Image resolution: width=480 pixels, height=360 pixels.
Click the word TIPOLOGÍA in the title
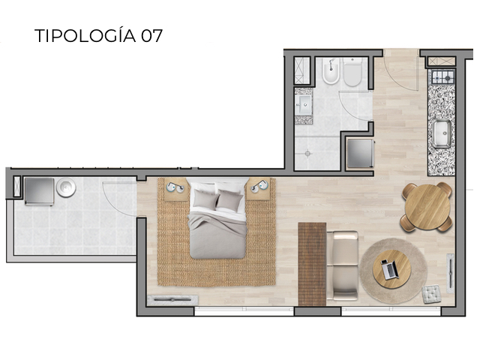(85, 35)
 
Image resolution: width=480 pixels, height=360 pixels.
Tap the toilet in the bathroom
(352, 72)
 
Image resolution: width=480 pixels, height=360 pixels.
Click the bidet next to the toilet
(329, 72)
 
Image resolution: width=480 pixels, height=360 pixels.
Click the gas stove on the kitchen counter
(441, 77)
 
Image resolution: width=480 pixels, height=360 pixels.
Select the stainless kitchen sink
(441, 133)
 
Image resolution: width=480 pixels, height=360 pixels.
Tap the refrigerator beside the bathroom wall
(360, 154)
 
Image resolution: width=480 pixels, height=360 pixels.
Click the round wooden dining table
(427, 206)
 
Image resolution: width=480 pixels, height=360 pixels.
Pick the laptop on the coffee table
(390, 268)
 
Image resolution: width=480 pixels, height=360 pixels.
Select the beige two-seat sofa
(343, 265)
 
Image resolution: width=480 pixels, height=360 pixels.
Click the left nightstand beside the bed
(175, 189)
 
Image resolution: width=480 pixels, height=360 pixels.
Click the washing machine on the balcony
(37, 191)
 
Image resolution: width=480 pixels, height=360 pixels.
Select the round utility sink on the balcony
(67, 187)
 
